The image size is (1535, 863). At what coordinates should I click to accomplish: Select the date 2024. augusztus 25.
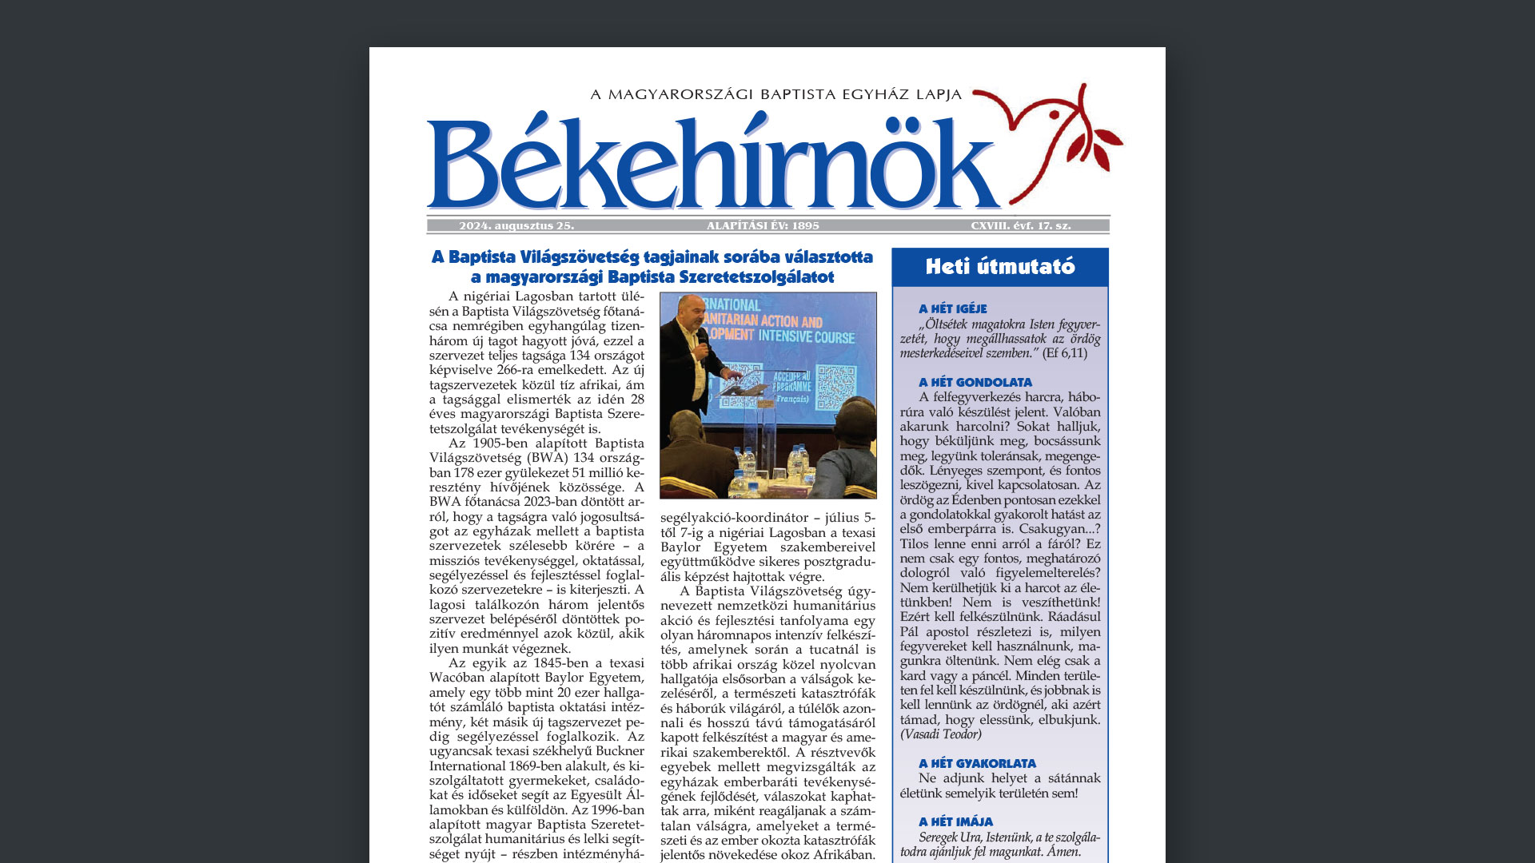[x=516, y=226]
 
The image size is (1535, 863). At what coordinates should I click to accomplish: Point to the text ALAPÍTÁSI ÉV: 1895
[x=763, y=226]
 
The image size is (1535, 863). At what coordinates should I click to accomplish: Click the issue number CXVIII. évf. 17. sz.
[x=1021, y=226]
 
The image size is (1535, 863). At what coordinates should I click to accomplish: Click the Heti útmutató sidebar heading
[x=1000, y=267]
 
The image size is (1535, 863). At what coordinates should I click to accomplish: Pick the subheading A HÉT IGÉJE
[x=952, y=308]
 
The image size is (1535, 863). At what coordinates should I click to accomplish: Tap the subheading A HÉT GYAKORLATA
[x=977, y=763]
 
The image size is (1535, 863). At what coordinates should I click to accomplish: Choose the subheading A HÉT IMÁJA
[x=955, y=821]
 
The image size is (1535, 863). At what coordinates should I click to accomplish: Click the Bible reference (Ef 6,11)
[x=1065, y=353]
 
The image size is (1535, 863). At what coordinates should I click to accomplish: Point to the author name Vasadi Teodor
[x=941, y=734]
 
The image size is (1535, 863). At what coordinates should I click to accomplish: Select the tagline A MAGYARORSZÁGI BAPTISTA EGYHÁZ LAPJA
[x=775, y=94]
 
